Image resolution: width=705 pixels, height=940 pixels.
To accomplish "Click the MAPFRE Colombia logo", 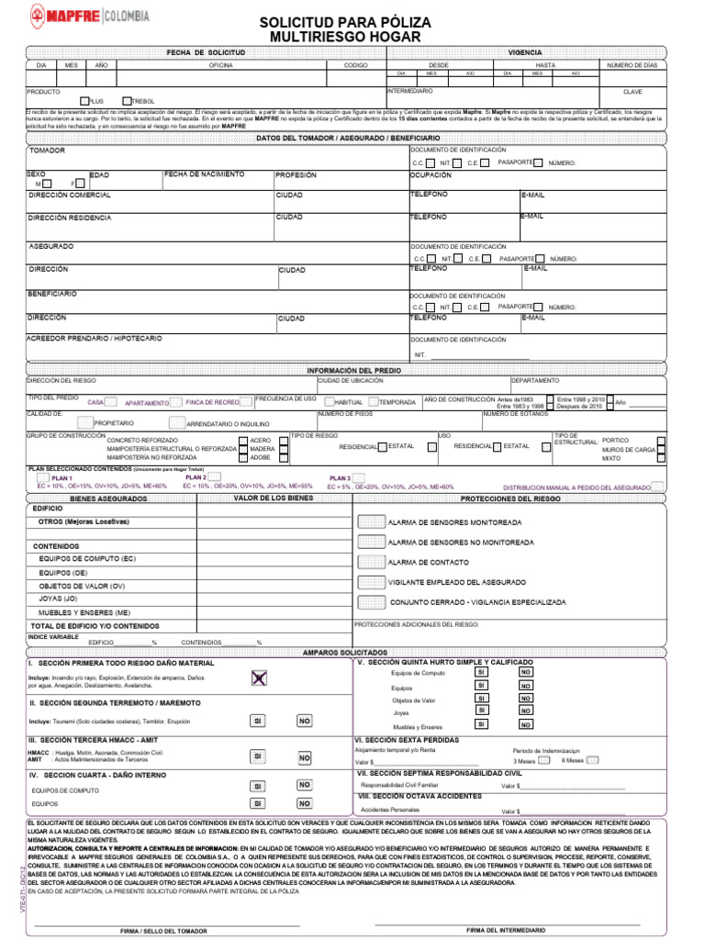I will click(90, 16).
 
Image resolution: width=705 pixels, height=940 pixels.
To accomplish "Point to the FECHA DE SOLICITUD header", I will click(206, 53).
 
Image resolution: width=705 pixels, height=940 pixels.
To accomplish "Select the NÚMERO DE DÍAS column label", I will click(633, 65).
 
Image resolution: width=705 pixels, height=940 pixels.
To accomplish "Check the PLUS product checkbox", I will click(85, 100).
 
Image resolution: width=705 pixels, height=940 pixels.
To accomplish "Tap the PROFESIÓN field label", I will click(296, 174).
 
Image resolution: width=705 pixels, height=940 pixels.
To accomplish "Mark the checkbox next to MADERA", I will click(284, 449).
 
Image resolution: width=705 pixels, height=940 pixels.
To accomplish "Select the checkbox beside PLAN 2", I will click(215, 477).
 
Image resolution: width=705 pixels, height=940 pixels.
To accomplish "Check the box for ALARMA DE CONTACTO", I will click(371, 562).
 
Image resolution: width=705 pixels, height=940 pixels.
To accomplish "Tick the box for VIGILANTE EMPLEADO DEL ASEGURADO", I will click(371, 582).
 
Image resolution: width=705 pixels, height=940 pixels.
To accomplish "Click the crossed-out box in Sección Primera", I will click(260, 677).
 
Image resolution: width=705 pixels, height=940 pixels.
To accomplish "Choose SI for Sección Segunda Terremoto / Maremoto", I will click(259, 722).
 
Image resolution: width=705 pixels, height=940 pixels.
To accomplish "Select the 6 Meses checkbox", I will click(592, 760).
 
